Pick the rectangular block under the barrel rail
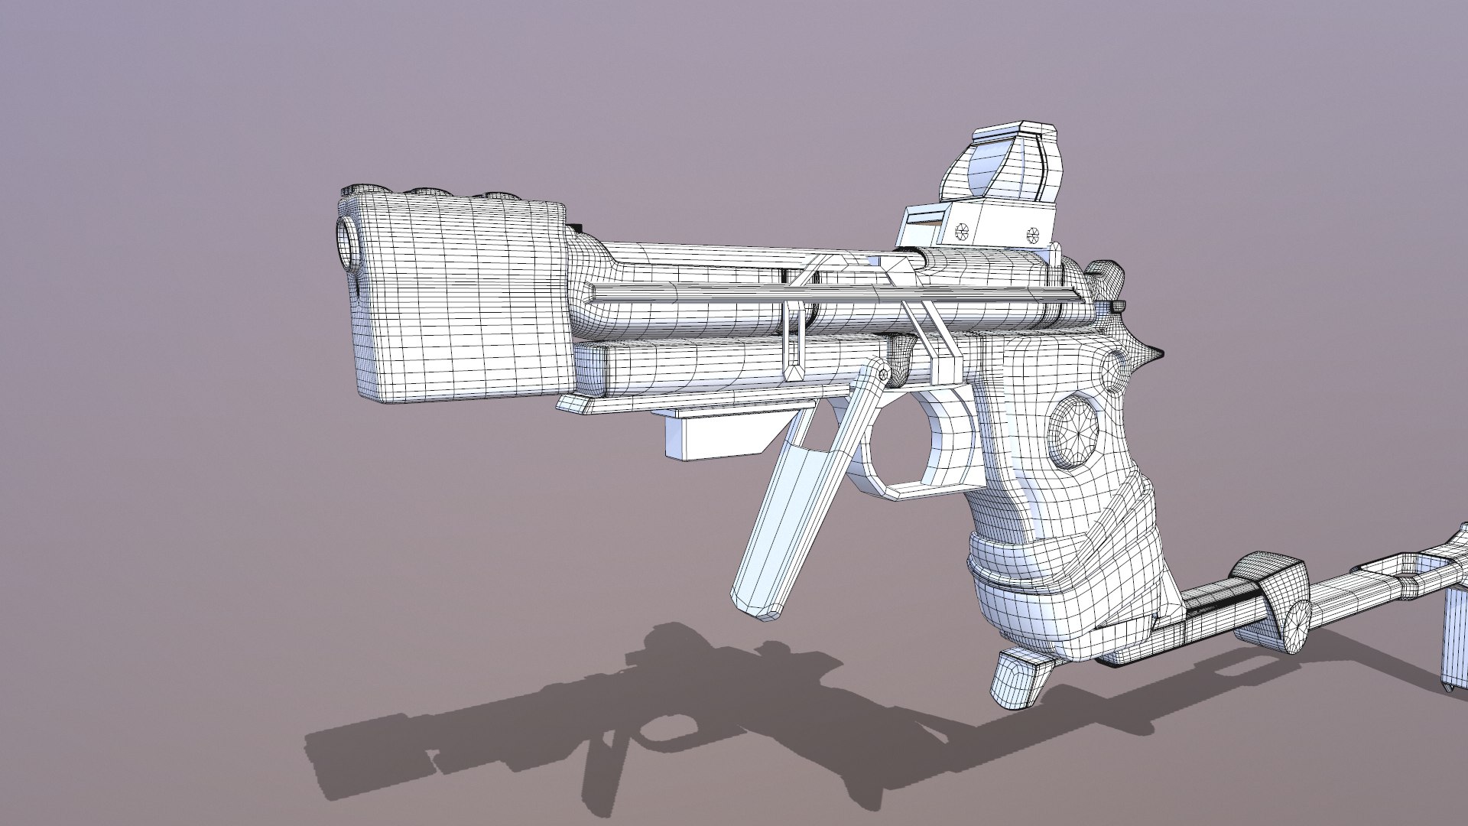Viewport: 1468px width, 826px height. pyautogui.click(x=711, y=436)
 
